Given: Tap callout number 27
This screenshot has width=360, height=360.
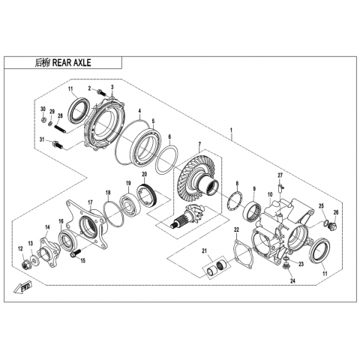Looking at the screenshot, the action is [280, 175].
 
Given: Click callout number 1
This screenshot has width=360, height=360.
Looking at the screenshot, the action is [231, 130].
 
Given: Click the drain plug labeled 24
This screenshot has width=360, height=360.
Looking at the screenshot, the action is [286, 266].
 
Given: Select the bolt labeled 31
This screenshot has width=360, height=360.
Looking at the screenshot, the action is [58, 144].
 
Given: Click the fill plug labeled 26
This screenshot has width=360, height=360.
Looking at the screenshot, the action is [334, 226].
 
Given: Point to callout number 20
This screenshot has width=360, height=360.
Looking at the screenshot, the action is [145, 174].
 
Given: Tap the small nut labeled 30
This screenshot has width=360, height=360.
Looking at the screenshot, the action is [43, 120].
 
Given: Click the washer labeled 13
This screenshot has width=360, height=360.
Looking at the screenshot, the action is [34, 259].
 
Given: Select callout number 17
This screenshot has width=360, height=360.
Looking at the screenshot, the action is [90, 202].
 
